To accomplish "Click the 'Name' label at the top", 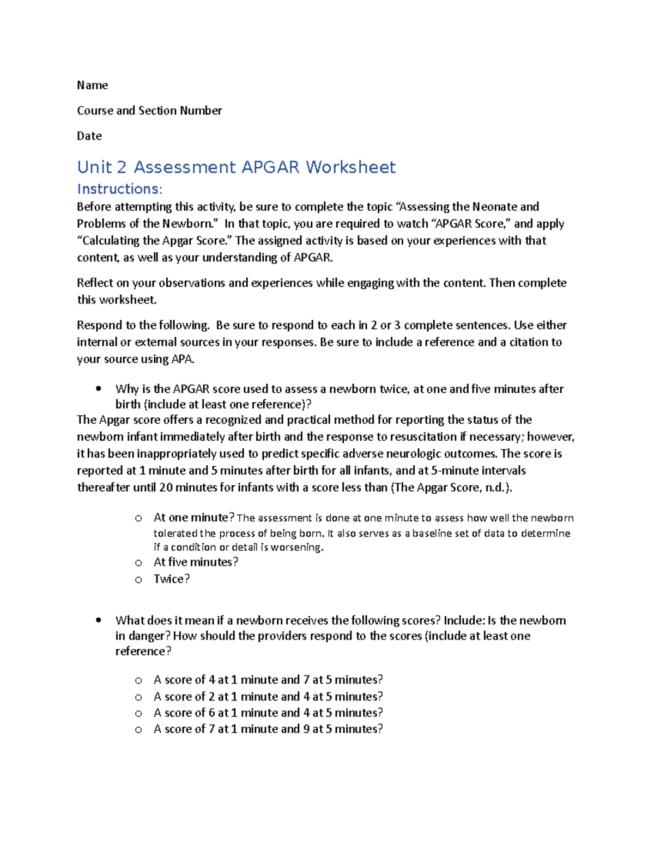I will [92, 86].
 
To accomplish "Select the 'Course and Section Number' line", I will [149, 111].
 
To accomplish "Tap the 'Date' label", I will [89, 136].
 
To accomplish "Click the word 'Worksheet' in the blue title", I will [350, 167].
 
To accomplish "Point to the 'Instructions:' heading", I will [119, 189].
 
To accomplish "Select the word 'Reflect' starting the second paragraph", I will [94, 283].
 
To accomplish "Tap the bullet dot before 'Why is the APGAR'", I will [98, 389].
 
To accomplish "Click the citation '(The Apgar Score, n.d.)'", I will [451, 488].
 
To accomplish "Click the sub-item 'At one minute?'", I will [194, 518].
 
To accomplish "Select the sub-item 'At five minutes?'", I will [196, 562].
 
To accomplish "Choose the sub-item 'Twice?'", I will [172, 579].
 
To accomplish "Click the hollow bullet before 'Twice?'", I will [138, 580].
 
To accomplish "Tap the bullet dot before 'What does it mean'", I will [98, 620].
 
